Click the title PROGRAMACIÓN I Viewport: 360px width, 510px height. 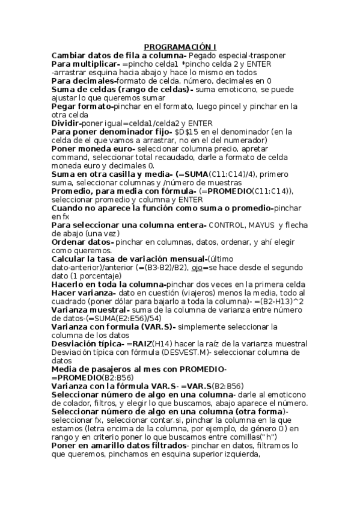[180, 47]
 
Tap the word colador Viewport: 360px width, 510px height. [67, 402]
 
